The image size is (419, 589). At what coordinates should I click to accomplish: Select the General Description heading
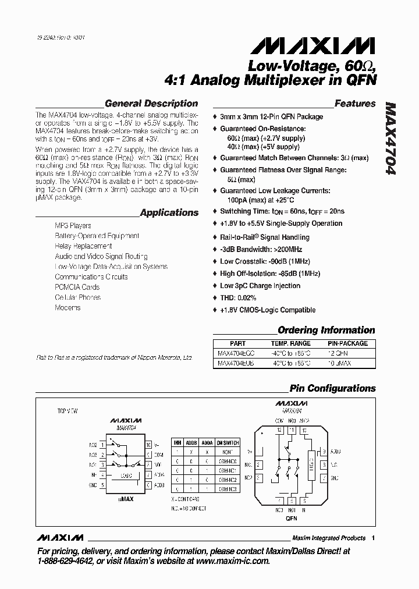151,104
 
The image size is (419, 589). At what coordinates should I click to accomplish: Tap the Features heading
355,104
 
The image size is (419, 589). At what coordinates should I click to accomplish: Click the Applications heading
169,212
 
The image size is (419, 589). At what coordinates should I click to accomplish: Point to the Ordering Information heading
326,330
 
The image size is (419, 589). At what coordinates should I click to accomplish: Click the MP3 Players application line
73,225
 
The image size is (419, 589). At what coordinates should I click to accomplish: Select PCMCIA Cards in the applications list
77,287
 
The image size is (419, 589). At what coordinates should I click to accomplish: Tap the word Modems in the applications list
68,307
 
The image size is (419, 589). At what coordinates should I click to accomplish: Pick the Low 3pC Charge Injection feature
260,286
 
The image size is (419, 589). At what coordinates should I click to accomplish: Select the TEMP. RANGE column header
291,343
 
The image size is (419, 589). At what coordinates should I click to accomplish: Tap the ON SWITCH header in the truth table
228,443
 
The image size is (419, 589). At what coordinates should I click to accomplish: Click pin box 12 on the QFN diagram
279,430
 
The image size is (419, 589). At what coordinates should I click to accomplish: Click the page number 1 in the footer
373,538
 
